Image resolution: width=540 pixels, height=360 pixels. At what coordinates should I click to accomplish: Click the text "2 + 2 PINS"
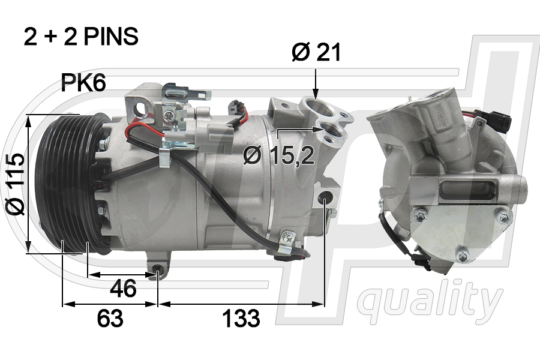point(81,37)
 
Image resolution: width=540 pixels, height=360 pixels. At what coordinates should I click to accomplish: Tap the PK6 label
point(83,83)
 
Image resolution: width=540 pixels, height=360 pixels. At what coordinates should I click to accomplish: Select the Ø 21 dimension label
point(316,53)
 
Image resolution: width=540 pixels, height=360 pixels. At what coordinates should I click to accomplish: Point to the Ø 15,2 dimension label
point(279,156)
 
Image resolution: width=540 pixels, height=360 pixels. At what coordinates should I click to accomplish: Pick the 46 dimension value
point(123,289)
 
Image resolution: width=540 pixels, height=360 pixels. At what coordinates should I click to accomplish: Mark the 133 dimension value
point(241,319)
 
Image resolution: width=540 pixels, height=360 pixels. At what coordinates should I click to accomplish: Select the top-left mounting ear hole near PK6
point(142,108)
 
